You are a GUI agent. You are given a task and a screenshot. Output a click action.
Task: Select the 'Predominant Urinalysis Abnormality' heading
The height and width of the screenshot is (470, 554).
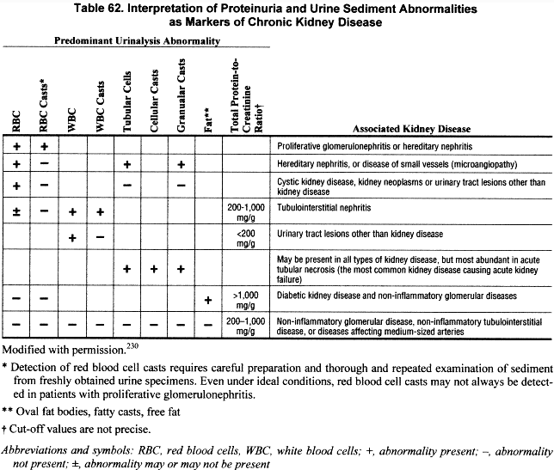pos(138,41)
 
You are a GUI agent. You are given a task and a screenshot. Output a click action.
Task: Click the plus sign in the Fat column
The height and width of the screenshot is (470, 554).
pos(207,299)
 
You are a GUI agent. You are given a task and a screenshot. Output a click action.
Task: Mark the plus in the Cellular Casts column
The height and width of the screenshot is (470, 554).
pos(153,268)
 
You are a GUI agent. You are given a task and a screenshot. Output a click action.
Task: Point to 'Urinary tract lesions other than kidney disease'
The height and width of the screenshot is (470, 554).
pos(372,234)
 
